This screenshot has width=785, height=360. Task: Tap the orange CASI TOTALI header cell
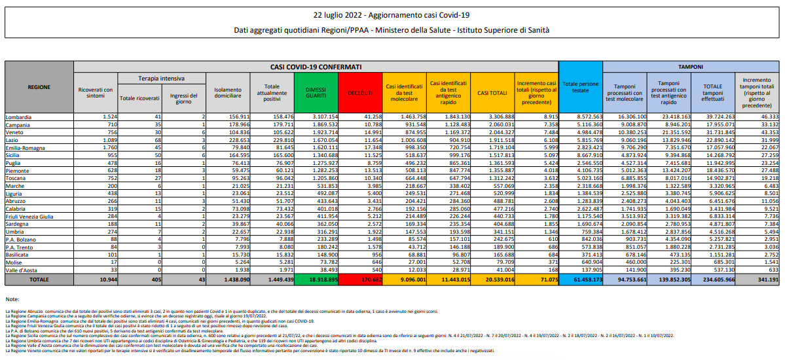pos(492,92)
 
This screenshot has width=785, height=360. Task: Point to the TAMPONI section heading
pos(691,67)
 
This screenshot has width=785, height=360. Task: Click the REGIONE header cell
pos(39,86)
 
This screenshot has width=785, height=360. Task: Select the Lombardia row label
pos(19,116)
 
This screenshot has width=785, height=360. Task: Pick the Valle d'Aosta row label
pos(23,269)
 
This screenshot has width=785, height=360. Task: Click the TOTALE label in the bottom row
pos(39,279)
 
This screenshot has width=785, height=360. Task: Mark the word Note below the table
pos(12,298)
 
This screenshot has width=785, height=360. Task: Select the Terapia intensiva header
pos(160,78)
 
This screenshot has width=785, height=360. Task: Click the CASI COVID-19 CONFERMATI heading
pos(316,67)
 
